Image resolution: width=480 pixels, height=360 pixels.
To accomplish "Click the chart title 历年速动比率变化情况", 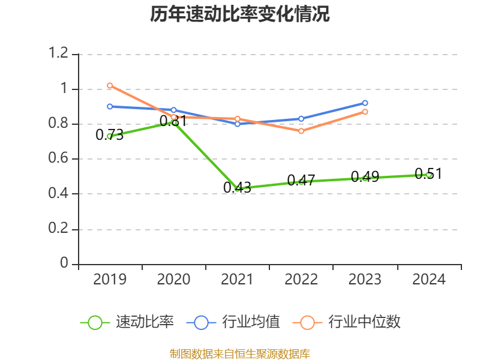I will point(240,14).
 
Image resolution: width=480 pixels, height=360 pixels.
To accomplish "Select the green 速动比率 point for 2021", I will point(238,188).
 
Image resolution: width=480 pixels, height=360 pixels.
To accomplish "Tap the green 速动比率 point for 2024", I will point(429,175).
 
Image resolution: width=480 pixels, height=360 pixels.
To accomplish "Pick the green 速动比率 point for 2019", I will point(110,136).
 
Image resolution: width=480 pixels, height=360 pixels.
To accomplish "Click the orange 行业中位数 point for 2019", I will point(110,85).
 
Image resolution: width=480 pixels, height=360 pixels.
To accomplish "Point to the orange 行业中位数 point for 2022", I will point(301,131).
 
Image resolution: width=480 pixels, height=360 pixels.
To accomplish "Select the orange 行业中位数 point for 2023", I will point(365,112).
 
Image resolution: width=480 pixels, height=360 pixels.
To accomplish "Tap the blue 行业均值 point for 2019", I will point(110,106).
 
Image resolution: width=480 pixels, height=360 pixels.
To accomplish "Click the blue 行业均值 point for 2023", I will point(365,103).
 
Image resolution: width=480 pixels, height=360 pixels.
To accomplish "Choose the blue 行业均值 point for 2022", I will point(301,118).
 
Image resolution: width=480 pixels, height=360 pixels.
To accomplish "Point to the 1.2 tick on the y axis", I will point(59,54).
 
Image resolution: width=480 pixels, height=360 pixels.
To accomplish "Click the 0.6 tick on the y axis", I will point(59,159).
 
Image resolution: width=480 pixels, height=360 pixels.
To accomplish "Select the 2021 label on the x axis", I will point(238,280).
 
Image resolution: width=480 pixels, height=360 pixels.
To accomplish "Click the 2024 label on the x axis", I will point(429,280).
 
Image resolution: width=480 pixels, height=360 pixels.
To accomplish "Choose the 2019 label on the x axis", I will point(110,280).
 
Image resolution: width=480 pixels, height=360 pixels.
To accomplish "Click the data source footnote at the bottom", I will point(240,353).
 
